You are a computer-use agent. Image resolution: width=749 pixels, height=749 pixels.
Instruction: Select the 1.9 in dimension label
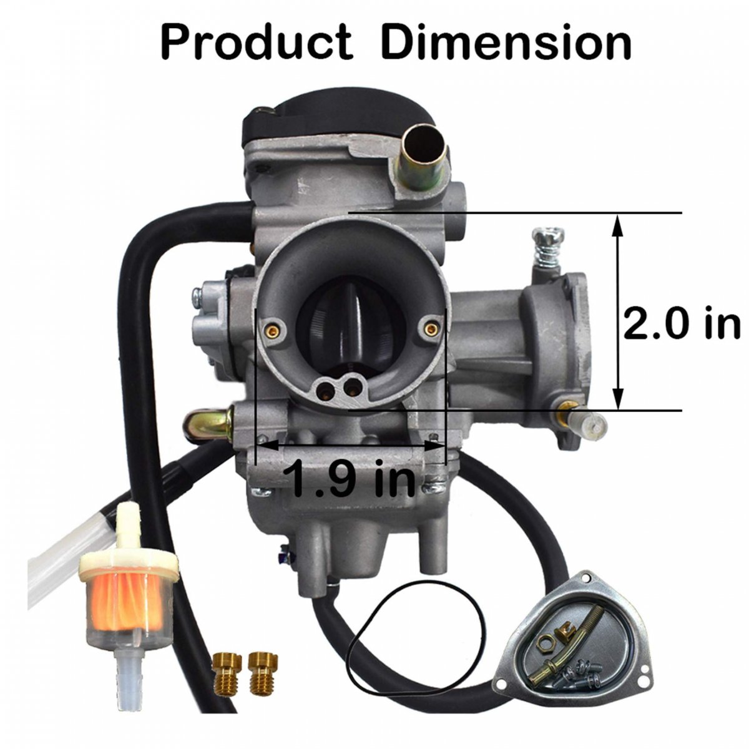(x=350, y=477)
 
